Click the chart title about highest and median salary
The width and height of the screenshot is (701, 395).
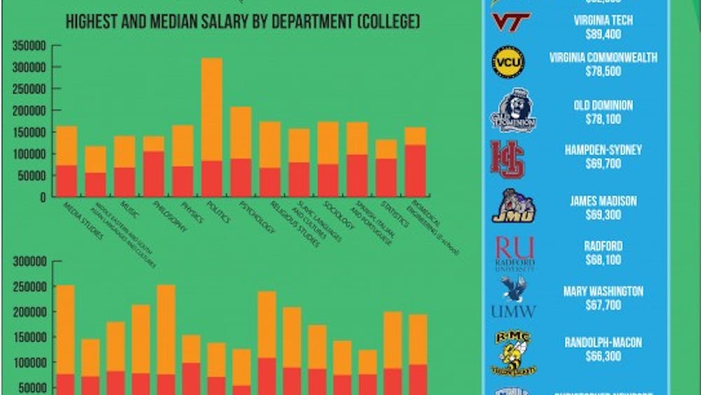coord(243,22)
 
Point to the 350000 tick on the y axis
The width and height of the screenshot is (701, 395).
coord(26,46)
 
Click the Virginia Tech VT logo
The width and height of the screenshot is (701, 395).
coord(510,22)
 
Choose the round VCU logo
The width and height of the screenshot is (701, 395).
coord(508,62)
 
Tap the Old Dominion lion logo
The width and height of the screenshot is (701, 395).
coord(514,110)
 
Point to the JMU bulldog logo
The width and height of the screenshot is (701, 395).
coord(513,206)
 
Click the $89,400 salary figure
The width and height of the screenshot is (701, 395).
coord(603,34)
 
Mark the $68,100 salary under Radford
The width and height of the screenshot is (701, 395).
coord(603,260)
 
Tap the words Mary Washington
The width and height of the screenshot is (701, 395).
coord(603,291)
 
